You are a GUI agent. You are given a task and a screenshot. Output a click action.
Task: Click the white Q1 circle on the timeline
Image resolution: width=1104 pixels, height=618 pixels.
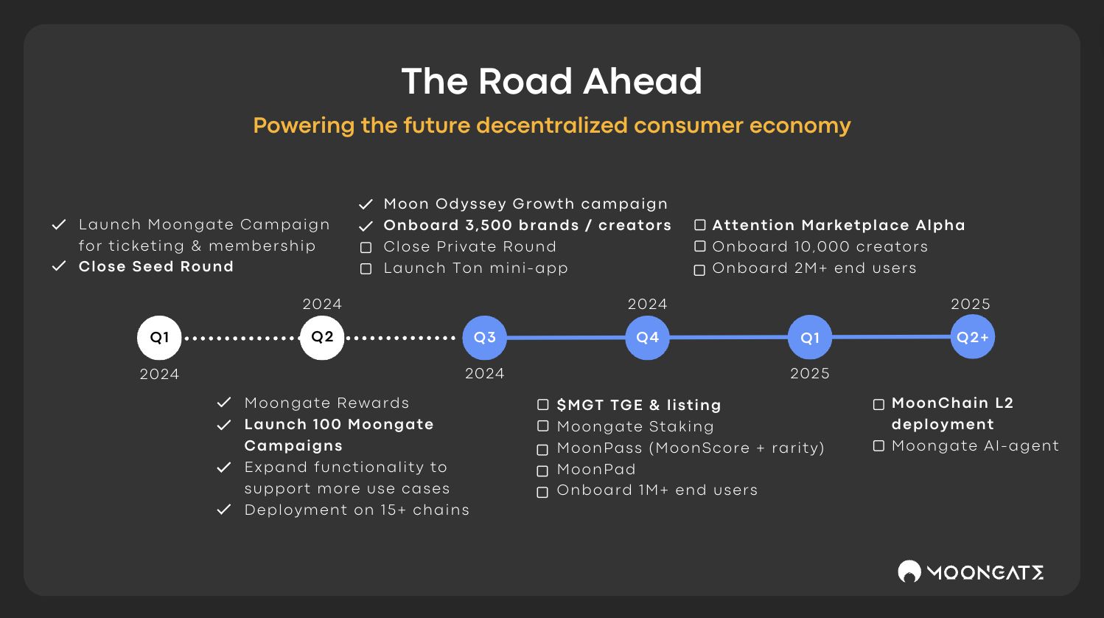(159, 337)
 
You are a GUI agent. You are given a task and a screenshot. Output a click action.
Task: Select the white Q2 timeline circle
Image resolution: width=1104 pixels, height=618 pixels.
(322, 337)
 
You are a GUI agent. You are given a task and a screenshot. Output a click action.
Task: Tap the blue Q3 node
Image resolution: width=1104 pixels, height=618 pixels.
(484, 337)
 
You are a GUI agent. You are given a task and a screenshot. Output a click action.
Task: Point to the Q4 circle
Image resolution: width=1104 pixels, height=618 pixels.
(647, 337)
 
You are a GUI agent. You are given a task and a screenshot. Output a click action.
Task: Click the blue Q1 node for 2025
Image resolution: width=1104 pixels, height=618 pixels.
(810, 337)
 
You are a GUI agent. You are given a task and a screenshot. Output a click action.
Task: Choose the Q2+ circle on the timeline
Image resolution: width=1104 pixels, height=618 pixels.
(972, 337)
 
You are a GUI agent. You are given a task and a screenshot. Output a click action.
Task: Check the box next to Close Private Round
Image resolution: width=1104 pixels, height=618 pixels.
(366, 247)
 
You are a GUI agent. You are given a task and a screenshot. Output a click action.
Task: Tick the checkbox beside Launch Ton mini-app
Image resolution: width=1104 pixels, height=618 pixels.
(366, 268)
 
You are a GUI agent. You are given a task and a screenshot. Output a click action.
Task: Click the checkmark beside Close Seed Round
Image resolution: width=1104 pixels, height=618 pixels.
(59, 266)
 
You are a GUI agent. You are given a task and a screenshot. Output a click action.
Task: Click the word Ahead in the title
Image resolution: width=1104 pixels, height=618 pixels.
(643, 81)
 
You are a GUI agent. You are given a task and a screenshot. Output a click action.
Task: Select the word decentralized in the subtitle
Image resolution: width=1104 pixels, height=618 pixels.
(552, 125)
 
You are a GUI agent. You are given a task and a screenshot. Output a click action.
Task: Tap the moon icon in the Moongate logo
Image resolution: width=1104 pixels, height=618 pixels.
(909, 572)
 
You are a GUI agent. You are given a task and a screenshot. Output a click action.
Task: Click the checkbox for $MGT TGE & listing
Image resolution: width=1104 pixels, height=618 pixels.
(542, 405)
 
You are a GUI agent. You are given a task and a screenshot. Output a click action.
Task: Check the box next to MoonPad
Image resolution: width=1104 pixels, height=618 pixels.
(542, 471)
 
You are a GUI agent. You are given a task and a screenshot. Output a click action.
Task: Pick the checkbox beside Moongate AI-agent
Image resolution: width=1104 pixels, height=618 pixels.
(878, 446)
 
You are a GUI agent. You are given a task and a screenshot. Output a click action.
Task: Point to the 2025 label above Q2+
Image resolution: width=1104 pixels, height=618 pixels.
(971, 304)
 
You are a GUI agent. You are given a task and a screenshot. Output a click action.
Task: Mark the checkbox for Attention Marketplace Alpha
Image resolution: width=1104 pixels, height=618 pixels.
(700, 225)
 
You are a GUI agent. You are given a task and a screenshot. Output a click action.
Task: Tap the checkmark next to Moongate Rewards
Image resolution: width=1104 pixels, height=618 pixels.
(224, 403)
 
